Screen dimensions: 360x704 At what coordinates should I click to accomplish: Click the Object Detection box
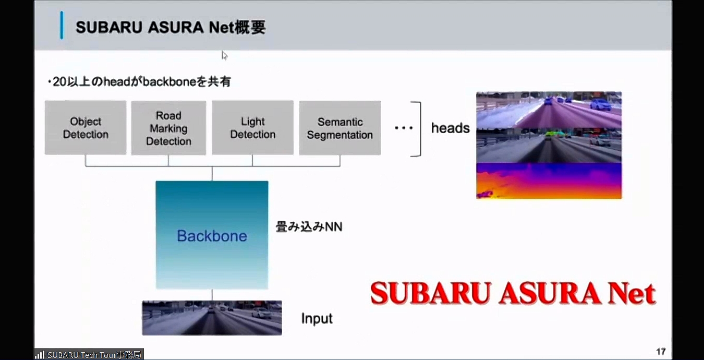(86, 128)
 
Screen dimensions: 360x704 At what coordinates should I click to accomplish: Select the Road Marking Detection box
(168, 128)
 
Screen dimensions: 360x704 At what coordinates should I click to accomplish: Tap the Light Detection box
(252, 128)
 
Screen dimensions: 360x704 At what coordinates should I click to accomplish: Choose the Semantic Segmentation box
(339, 128)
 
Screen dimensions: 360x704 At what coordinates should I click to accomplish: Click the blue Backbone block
(212, 235)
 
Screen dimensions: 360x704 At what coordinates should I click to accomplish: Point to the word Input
(317, 318)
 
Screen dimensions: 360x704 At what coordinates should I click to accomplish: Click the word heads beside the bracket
(450, 128)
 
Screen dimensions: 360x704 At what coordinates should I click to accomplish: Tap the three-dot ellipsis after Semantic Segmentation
(403, 128)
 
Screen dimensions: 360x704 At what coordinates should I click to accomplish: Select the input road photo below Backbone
(212, 317)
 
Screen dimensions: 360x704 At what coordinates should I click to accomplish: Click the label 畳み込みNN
(309, 227)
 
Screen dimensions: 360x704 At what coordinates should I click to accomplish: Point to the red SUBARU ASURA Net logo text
(513, 293)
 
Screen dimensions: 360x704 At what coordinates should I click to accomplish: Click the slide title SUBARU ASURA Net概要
(171, 27)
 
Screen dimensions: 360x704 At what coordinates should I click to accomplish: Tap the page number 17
(661, 351)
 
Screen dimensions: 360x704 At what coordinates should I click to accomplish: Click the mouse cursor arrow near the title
(224, 55)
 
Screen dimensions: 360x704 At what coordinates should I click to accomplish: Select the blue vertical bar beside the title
(62, 26)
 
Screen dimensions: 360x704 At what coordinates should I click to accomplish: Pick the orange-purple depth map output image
(549, 181)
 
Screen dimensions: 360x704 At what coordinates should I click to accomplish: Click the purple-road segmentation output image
(549, 110)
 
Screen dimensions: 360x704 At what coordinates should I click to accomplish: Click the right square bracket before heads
(417, 129)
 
